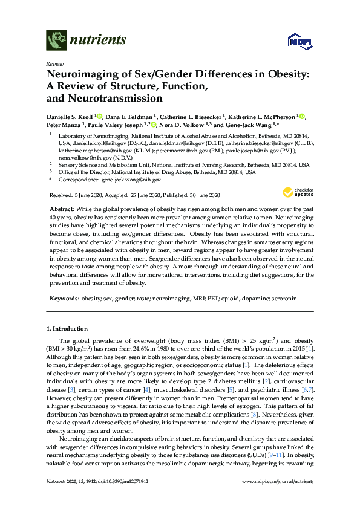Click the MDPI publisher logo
coord(299,41)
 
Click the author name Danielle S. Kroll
coord(72,116)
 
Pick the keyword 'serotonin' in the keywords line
coord(282,299)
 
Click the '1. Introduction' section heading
coord(67,328)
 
